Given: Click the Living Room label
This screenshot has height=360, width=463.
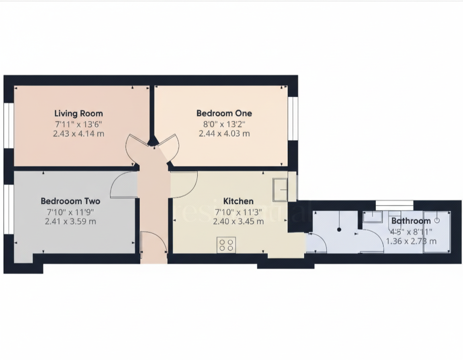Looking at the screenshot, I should [x=78, y=113].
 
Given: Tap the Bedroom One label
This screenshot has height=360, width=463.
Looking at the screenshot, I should [x=224, y=113].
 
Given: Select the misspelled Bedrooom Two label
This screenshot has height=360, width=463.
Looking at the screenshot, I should [x=70, y=201].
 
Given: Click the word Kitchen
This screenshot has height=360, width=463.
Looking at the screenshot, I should [x=238, y=201].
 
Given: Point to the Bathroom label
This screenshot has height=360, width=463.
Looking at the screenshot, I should [x=411, y=221].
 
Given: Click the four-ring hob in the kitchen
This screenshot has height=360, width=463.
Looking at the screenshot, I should [x=227, y=245].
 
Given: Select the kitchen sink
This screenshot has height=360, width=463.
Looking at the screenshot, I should [x=281, y=189].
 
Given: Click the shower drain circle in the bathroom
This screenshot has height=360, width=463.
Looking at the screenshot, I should [x=437, y=221].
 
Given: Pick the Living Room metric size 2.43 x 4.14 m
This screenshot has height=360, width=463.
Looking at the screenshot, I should [x=78, y=133].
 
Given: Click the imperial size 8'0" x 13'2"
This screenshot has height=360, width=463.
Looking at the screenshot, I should [x=224, y=124].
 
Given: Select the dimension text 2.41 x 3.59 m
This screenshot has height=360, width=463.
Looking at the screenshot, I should [x=70, y=221].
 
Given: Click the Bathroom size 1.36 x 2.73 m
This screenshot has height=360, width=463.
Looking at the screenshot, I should [x=411, y=241].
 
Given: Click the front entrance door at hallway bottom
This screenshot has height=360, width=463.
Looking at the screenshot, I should [x=154, y=244].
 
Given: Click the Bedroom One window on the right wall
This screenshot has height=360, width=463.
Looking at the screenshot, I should [x=295, y=119].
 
